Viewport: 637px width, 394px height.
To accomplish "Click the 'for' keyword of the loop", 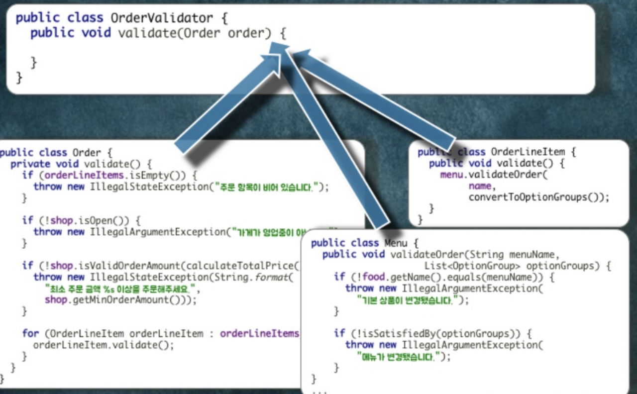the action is [30, 333].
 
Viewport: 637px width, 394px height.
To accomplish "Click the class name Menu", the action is [396, 243].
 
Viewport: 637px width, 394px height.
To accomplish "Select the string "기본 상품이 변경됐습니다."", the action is [413, 299].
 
